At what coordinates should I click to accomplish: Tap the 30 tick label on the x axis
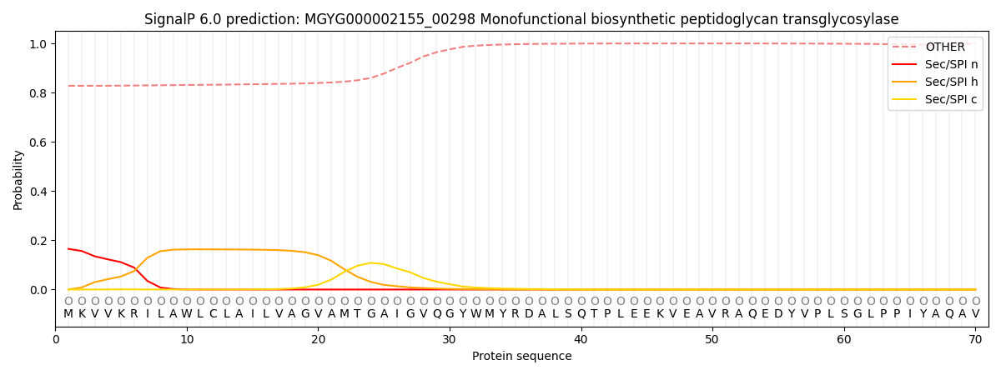click(450, 338)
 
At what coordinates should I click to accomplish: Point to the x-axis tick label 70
click(975, 338)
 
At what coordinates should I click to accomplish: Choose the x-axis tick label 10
click(187, 338)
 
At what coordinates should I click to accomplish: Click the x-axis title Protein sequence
click(521, 357)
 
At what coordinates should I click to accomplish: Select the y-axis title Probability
click(18, 180)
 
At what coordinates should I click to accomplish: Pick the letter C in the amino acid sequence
click(213, 313)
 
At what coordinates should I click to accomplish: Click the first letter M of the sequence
click(68, 313)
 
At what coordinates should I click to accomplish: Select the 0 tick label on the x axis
click(56, 338)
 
